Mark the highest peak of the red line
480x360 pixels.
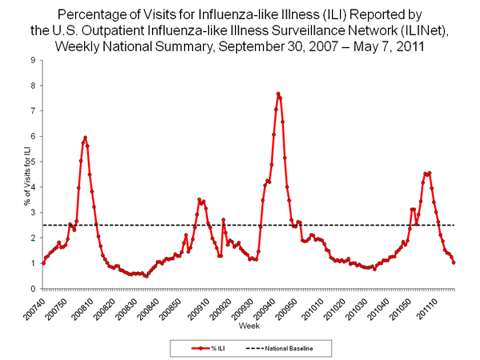point(278,94)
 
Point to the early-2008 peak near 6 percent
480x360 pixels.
point(85,138)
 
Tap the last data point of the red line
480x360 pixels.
point(454,262)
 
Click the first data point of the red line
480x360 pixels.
point(42,262)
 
